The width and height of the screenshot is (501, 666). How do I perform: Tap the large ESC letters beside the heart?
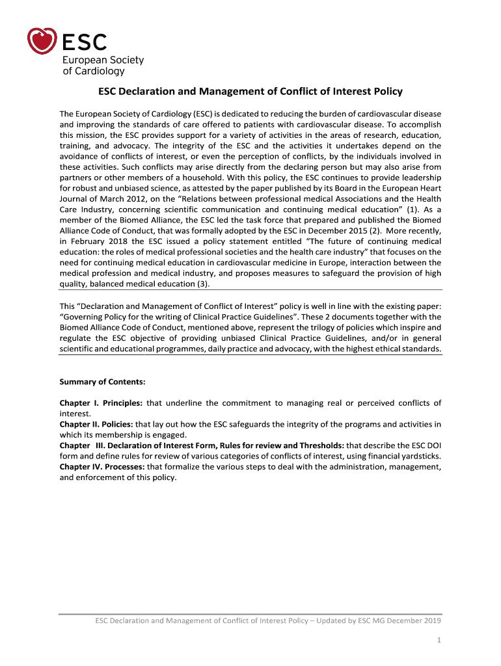pos(85,42)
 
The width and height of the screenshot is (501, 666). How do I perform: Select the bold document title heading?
pos(251,92)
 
